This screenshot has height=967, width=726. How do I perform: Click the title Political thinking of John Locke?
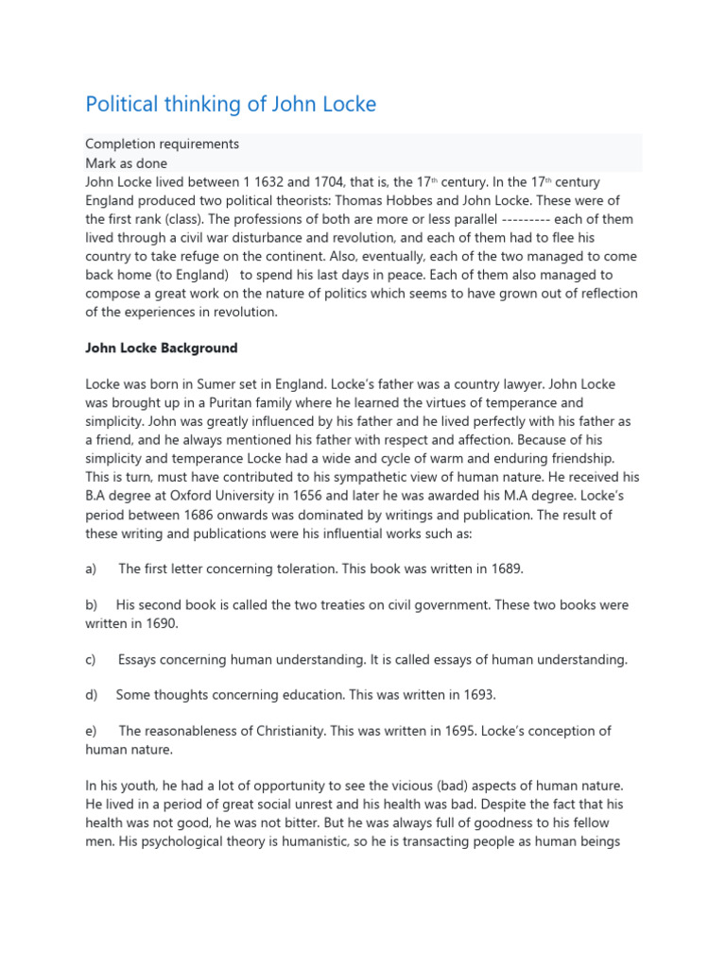click(x=231, y=105)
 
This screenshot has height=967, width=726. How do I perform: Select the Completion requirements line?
click(x=162, y=144)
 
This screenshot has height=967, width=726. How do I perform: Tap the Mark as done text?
click(x=126, y=162)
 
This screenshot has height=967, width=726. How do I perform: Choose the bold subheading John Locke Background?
click(x=162, y=348)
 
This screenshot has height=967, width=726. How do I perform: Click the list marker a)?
click(x=92, y=568)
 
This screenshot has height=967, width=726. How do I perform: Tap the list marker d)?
click(x=92, y=695)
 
